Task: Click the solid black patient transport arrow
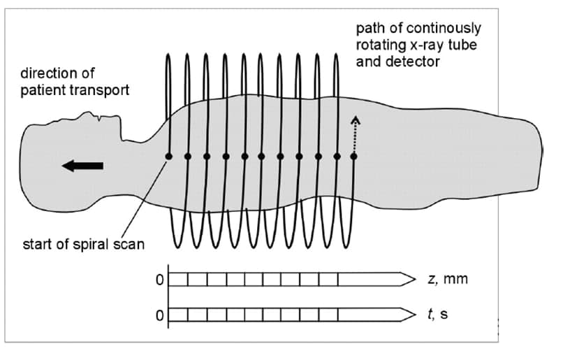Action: (x=82, y=166)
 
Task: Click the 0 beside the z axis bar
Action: (x=159, y=280)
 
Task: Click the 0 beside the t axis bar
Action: (x=159, y=316)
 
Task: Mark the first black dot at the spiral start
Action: (x=168, y=157)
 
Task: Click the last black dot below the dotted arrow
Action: (x=354, y=157)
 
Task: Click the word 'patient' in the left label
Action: (x=41, y=90)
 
